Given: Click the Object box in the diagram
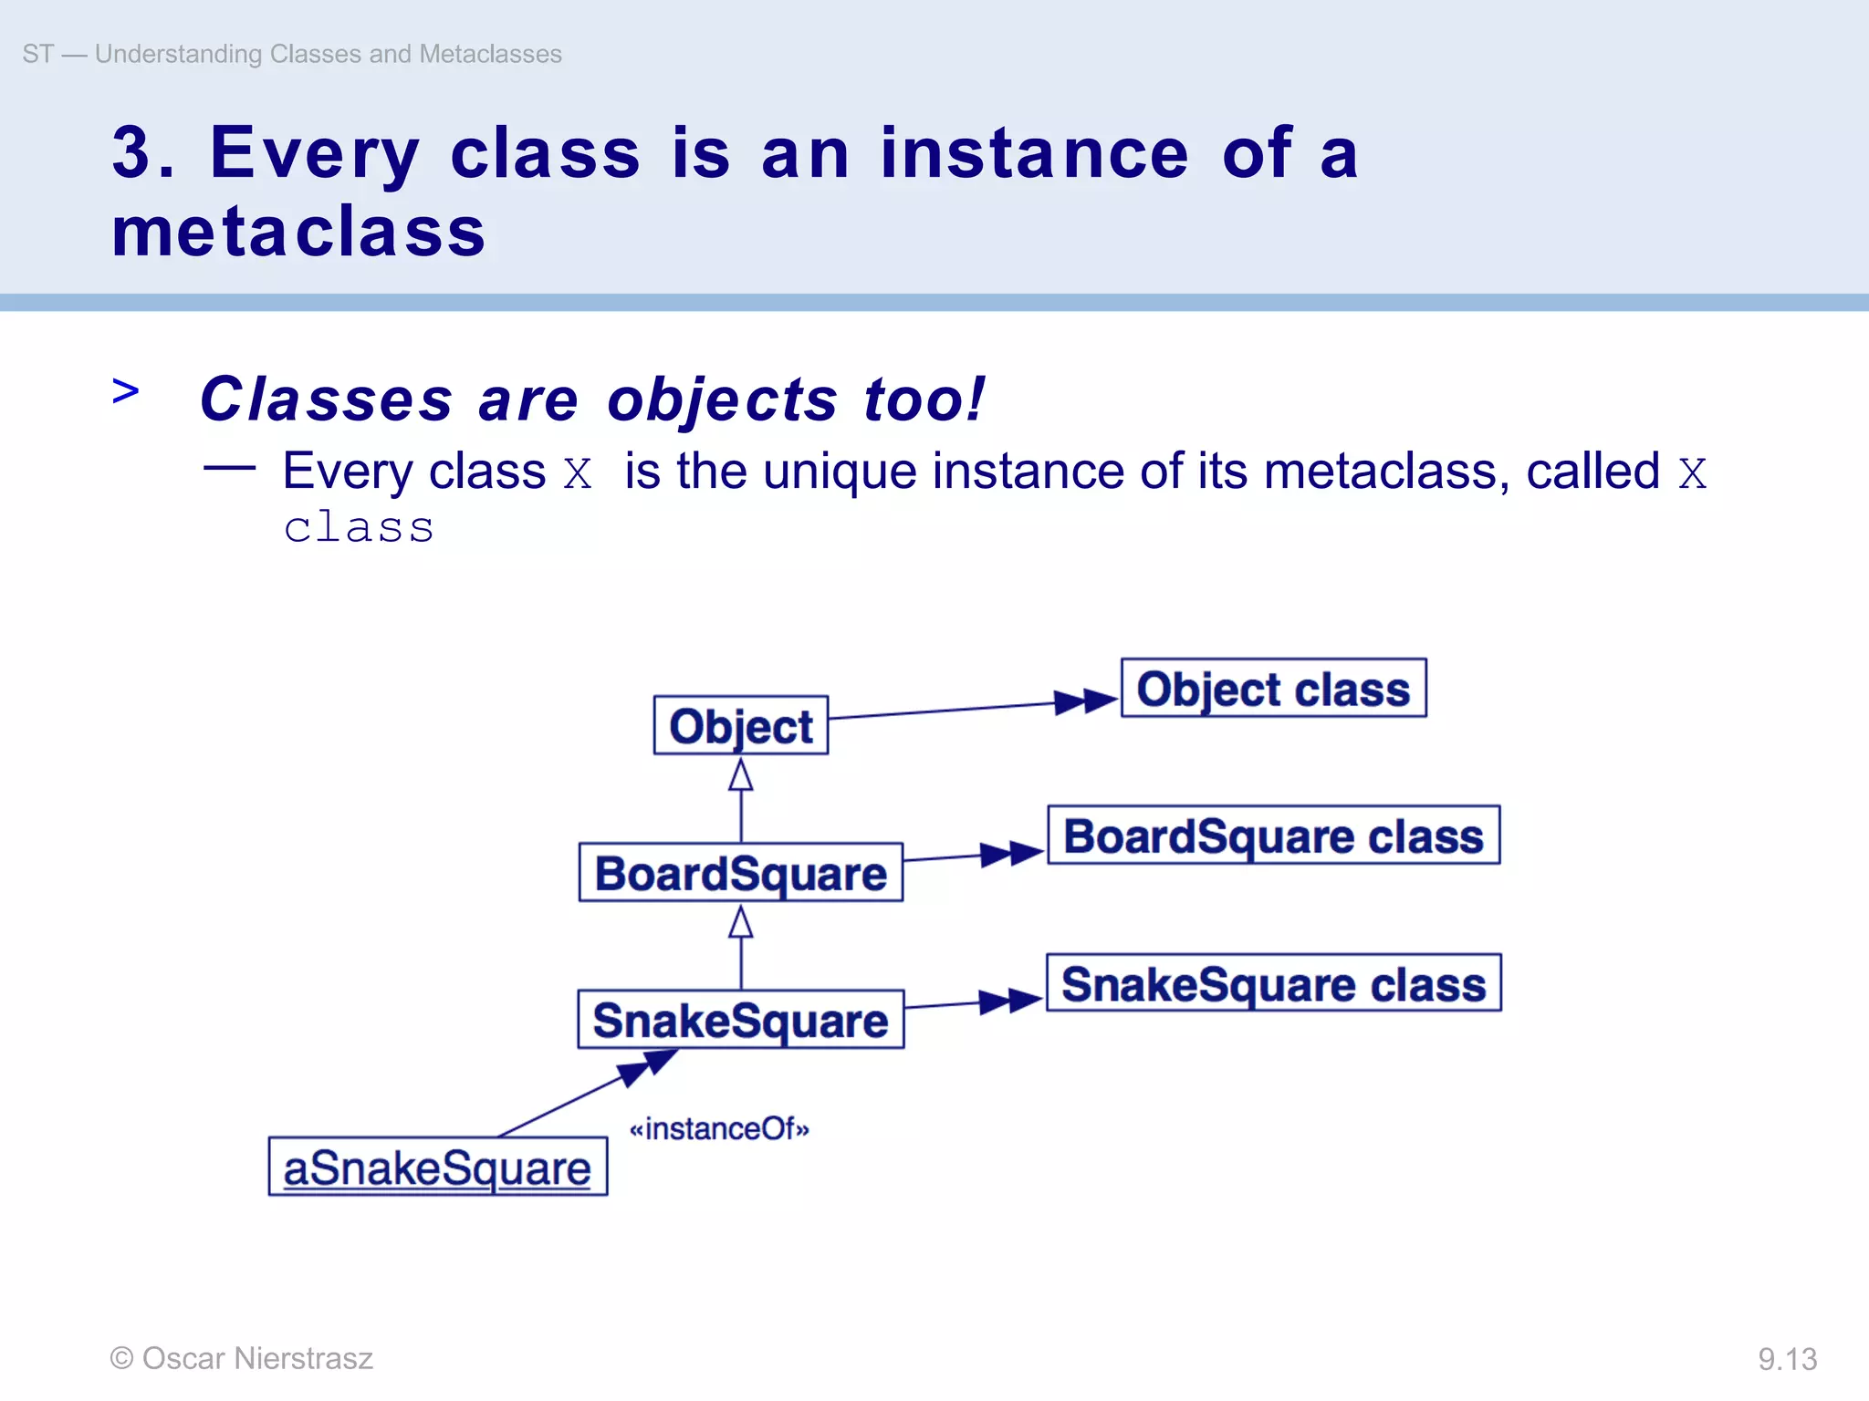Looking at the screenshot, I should click(740, 726).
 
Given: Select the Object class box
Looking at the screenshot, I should click(1273, 689).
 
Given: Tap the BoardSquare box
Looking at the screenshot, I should click(740, 873).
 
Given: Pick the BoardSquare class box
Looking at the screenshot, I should click(1273, 835).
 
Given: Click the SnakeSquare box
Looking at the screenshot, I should click(740, 1020).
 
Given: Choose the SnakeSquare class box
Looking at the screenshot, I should click(1273, 983).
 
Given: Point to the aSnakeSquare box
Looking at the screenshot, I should click(437, 1167).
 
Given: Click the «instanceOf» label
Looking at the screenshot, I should click(719, 1129).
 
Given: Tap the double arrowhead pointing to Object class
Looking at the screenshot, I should click(1086, 701).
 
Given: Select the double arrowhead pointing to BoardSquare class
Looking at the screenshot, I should click(1012, 854).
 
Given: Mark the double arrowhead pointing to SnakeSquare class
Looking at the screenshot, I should click(1011, 1001).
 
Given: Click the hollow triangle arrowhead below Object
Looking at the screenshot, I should click(741, 775).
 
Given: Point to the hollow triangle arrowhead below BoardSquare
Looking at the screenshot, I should click(741, 923).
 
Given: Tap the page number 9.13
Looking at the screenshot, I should click(1787, 1359).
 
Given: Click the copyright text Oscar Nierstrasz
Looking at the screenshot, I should click(242, 1358).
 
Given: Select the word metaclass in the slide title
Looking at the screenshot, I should click(298, 232).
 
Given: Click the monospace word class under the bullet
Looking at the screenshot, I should click(359, 527).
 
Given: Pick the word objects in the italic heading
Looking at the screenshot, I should click(722, 400).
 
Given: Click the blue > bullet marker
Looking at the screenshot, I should click(126, 391).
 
